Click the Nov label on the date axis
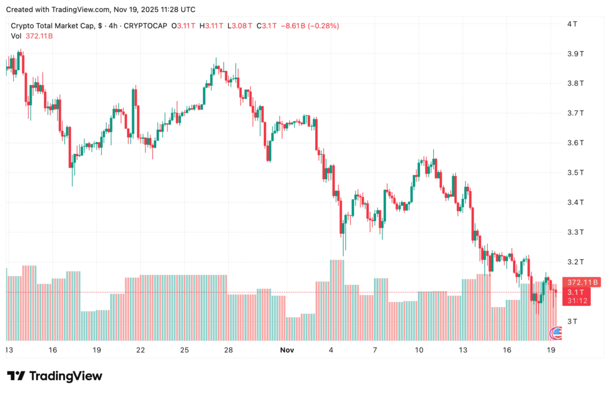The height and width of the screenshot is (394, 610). pos(288,350)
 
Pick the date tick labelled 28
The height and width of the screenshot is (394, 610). pos(228,350)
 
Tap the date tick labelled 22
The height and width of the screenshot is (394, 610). pos(141,350)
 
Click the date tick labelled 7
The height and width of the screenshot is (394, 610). pos(375,350)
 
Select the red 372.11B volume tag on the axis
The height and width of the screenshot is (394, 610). pos(578,282)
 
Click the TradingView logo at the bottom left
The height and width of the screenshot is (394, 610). pos(55,376)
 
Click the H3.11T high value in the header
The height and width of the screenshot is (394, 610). pos(211,26)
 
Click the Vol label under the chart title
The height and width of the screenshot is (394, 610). pos(17,36)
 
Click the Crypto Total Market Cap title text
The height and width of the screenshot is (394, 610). pos(51,26)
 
